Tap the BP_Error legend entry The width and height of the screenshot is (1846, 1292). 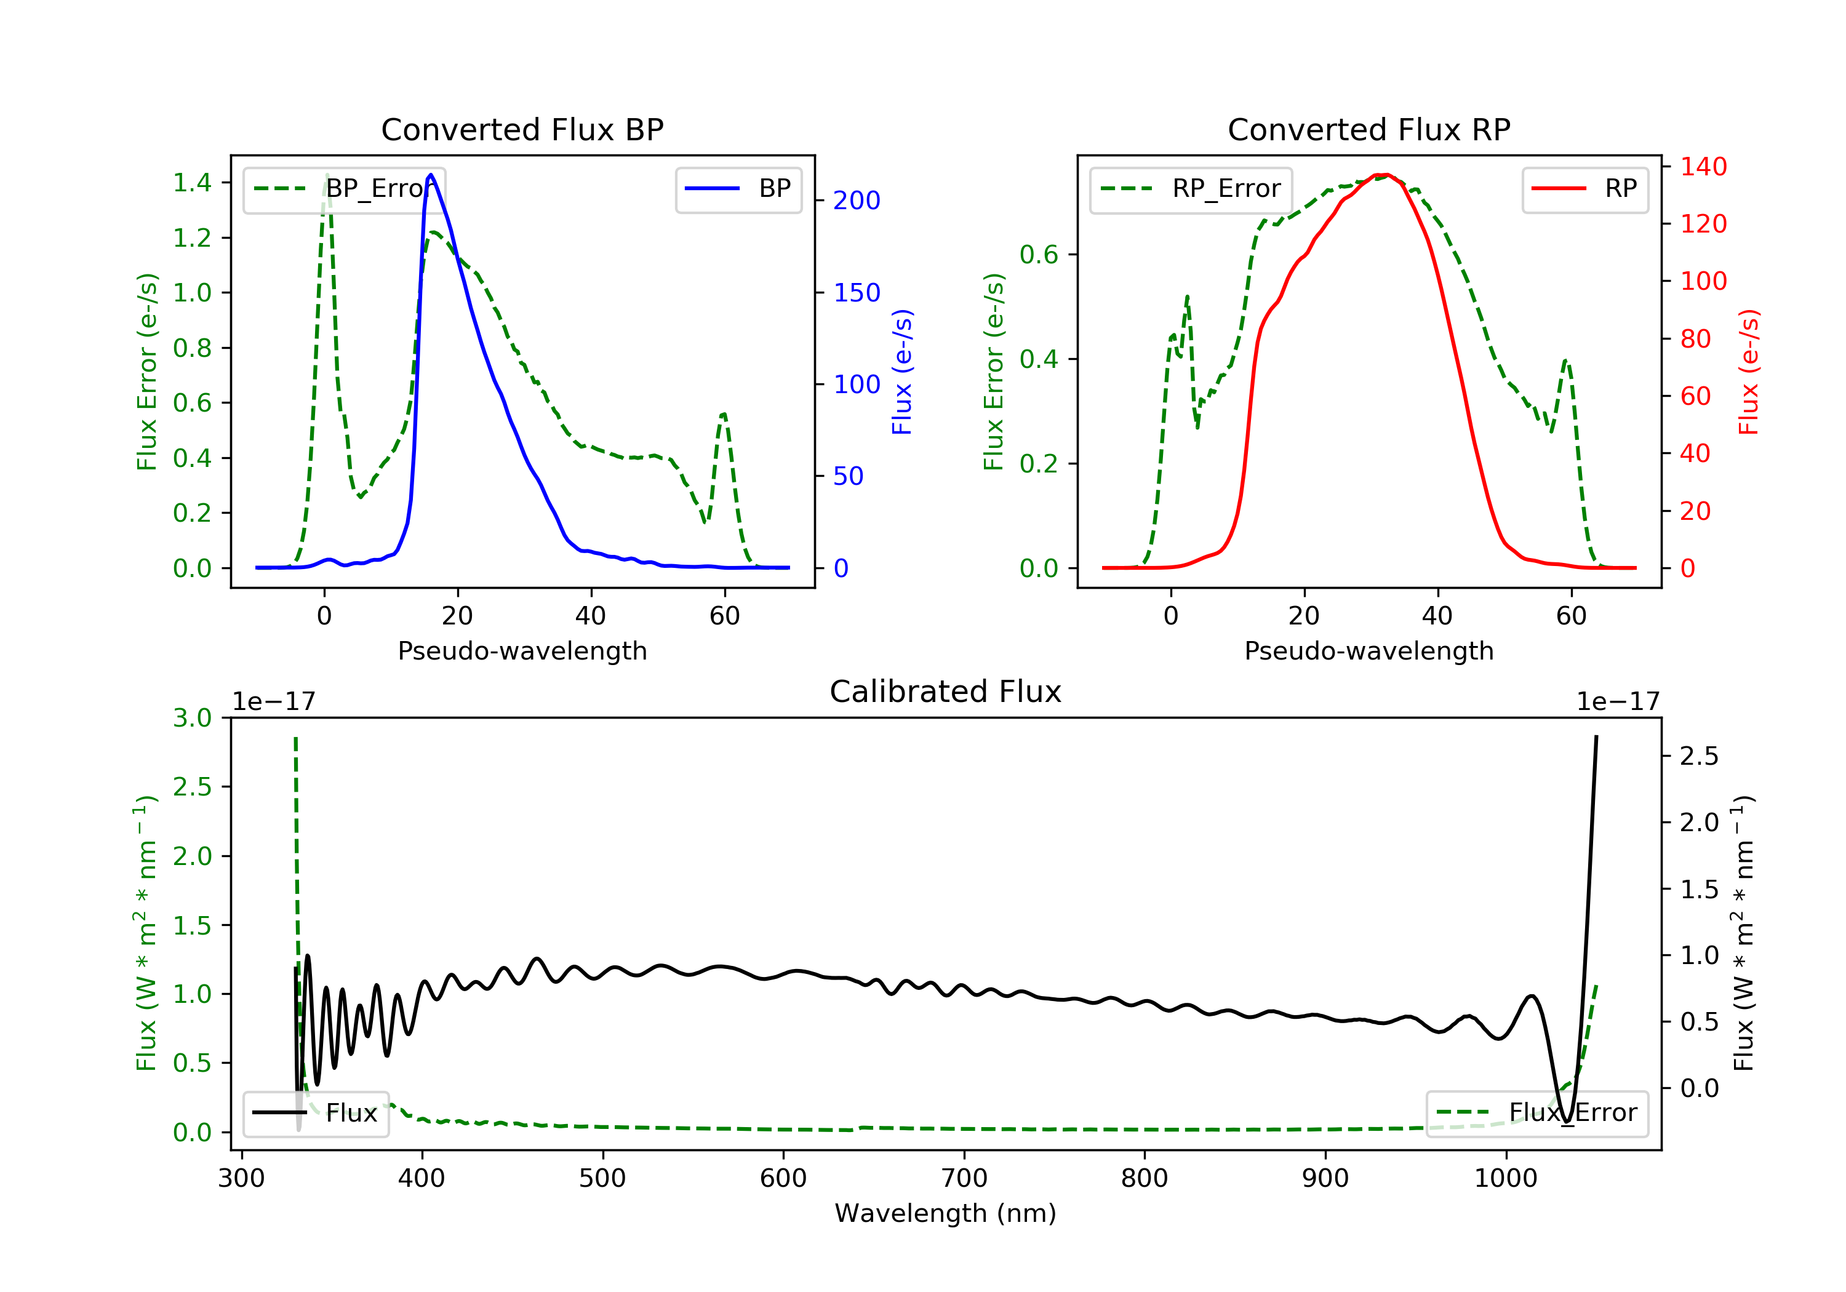pyautogui.click(x=344, y=189)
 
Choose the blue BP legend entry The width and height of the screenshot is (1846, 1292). pyautogui.click(x=738, y=189)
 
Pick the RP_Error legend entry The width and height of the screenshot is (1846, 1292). pyautogui.click(x=1191, y=189)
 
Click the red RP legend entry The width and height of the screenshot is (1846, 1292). pyautogui.click(x=1584, y=189)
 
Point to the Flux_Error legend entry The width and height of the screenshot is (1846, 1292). pyautogui.click(x=1536, y=1113)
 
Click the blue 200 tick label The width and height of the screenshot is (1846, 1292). pyautogui.click(x=857, y=201)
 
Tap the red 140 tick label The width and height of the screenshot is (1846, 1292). pyautogui.click(x=1703, y=167)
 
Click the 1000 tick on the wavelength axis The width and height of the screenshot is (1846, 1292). pyautogui.click(x=1505, y=1179)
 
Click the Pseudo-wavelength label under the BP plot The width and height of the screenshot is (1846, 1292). pyautogui.click(x=522, y=651)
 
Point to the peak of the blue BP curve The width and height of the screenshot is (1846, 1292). pyautogui.click(x=431, y=175)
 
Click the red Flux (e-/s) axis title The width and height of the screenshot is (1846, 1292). pyautogui.click(x=1749, y=372)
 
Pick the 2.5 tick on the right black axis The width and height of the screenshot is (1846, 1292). pyautogui.click(x=1698, y=757)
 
